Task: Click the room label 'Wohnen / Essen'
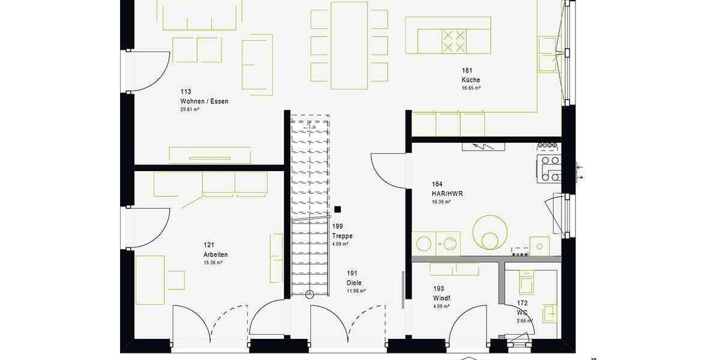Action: click(x=204, y=101)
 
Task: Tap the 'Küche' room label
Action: click(x=470, y=80)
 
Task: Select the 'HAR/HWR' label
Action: click(x=447, y=194)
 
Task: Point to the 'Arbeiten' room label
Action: click(x=215, y=254)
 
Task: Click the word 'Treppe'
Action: click(x=342, y=236)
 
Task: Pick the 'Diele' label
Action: click(x=354, y=283)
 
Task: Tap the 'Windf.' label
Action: click(x=442, y=298)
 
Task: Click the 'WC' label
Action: click(x=522, y=313)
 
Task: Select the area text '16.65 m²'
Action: click(x=470, y=88)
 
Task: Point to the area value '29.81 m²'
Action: click(x=190, y=110)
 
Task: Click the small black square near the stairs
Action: click(x=338, y=209)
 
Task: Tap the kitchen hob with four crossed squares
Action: click(x=454, y=41)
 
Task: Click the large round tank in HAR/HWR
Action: click(x=490, y=233)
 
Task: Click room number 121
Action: click(x=209, y=245)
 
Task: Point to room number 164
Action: click(x=437, y=184)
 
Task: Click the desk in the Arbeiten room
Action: click(x=150, y=280)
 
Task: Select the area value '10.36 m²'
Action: click(x=441, y=202)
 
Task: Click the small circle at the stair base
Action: click(x=310, y=294)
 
